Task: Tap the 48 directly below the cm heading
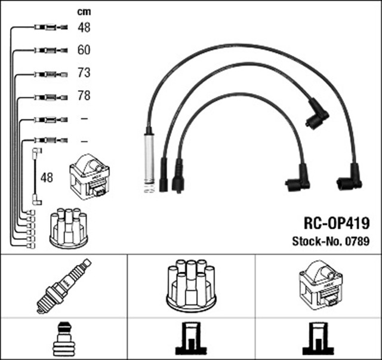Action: pos(84,27)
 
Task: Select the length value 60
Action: pos(84,50)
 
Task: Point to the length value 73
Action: pos(84,73)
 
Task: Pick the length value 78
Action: pos(84,96)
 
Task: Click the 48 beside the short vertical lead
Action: pos(47,178)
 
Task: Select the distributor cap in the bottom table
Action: pos(191,285)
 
